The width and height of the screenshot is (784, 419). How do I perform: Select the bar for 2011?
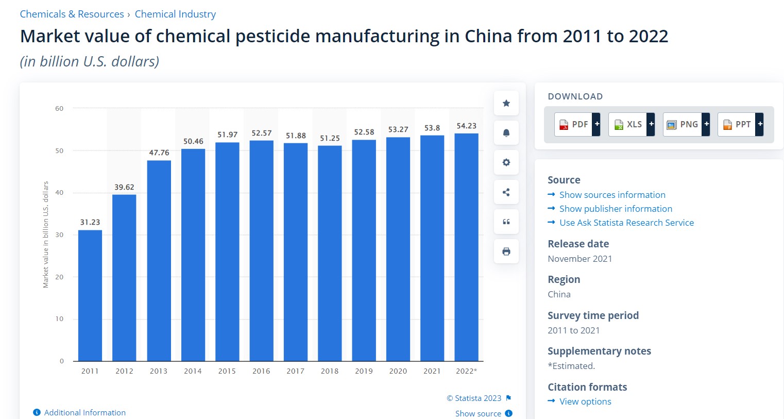(x=90, y=295)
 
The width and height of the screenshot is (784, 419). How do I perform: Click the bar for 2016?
(x=262, y=250)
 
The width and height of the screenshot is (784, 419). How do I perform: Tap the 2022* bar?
(x=467, y=247)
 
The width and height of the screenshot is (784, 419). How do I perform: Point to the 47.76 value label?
(x=159, y=153)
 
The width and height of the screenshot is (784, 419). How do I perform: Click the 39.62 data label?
(x=124, y=187)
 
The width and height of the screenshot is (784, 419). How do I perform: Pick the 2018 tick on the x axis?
(x=330, y=371)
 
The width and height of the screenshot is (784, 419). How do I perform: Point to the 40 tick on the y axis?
(x=59, y=193)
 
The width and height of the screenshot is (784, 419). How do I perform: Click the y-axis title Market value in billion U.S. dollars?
(x=45, y=234)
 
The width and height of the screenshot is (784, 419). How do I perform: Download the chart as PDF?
(x=577, y=124)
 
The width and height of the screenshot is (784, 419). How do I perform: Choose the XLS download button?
(x=632, y=124)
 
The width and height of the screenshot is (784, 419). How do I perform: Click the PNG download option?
(x=686, y=124)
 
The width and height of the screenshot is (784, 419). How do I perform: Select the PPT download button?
(x=741, y=124)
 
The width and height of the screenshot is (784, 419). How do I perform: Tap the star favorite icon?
(x=506, y=103)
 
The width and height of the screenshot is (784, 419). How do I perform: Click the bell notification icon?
(x=506, y=132)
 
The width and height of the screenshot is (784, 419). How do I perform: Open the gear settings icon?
(x=506, y=162)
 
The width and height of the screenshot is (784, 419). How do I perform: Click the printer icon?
(x=506, y=252)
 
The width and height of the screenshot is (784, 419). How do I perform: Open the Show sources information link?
(x=612, y=195)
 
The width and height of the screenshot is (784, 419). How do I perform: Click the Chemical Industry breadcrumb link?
(x=175, y=14)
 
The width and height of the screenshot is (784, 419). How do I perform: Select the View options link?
(x=585, y=401)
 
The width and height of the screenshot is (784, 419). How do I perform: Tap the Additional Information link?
(x=84, y=413)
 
